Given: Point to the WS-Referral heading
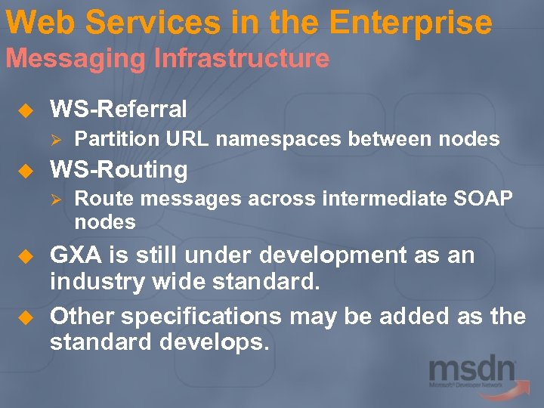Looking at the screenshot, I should pos(118,110).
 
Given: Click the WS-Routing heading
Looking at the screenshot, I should pos(118,169).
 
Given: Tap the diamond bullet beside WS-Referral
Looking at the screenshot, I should pos(23,110).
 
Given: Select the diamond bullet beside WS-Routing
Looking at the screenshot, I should pos(23,170).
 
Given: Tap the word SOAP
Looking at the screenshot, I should pos(484,199).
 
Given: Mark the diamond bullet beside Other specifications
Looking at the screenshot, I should pos(23,316).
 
